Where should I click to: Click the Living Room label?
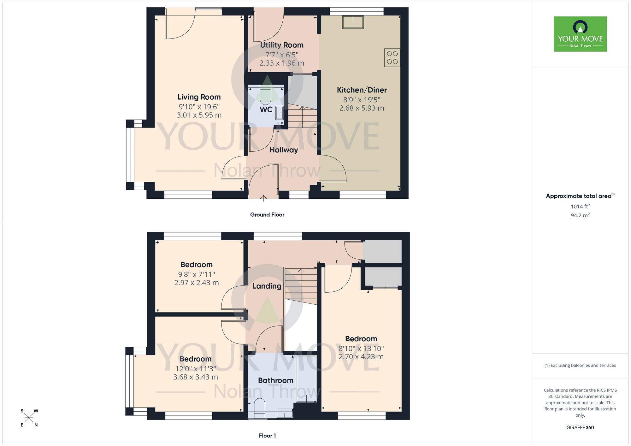(199, 97)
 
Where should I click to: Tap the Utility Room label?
(282, 45)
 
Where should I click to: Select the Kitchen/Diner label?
(362, 90)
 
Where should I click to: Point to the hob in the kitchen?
(392, 58)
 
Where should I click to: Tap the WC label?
(266, 110)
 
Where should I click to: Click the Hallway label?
(284, 150)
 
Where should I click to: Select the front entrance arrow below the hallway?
(263, 198)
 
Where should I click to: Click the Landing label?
(267, 286)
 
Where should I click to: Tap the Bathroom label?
(275, 380)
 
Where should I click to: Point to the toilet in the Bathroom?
(260, 408)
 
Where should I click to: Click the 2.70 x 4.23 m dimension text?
(361, 357)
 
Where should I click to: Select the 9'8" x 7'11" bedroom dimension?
(197, 274)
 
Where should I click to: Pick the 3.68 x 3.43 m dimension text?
(195, 377)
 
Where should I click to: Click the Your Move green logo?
(580, 34)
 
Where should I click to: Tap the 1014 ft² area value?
(580, 207)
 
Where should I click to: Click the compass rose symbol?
(29, 418)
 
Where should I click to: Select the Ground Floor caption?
(267, 215)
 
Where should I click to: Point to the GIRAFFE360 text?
(580, 428)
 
